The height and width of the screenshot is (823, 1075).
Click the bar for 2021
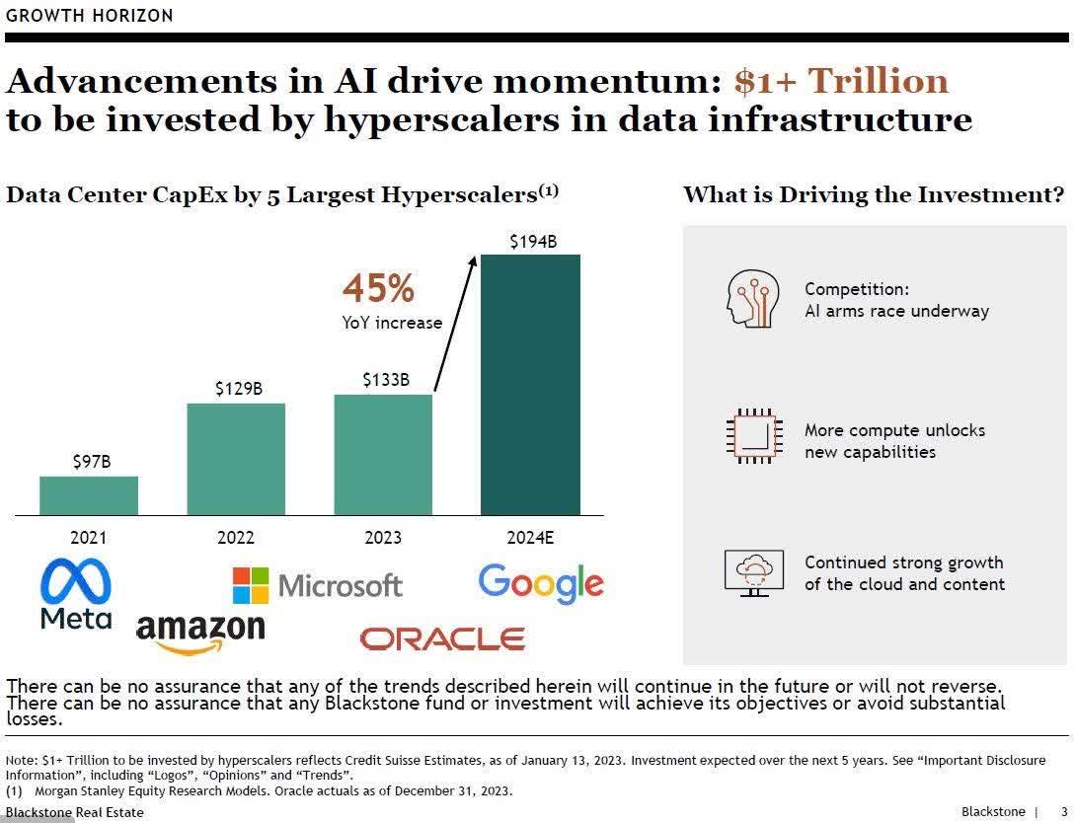coord(89,495)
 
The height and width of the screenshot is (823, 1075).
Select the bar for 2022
coord(236,459)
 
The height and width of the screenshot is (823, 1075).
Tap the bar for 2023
coord(383,455)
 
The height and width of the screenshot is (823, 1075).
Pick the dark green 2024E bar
coord(530,385)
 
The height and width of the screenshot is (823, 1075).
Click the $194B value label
coord(533,241)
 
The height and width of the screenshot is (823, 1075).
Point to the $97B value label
coord(92,461)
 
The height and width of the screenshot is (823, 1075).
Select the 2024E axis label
coord(530,538)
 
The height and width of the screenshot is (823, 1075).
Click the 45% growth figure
coord(378,289)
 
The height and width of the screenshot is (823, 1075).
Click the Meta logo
coord(76,594)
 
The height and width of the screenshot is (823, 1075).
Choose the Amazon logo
coord(200,632)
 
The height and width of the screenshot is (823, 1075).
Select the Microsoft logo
coord(318,585)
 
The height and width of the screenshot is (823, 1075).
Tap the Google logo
coord(540,583)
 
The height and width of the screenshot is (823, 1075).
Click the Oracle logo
coord(442,638)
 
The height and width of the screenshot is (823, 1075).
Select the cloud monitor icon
coord(754,571)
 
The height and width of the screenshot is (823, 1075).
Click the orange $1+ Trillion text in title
coord(841,81)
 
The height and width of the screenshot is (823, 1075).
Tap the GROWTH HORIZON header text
coord(90,15)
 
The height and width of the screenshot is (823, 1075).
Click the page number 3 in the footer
coord(1063,811)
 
